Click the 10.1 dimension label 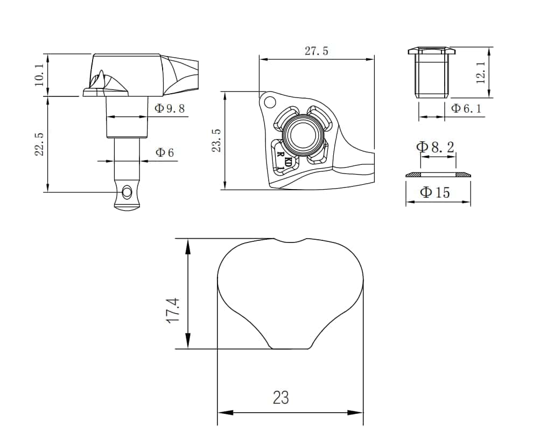click(x=39, y=75)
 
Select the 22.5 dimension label click(x=39, y=144)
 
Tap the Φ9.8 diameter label click(x=170, y=108)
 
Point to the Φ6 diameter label click(x=165, y=152)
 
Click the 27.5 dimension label click(x=317, y=51)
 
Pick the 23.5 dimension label click(x=216, y=140)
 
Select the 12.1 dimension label click(x=480, y=72)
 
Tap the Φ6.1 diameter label click(x=466, y=108)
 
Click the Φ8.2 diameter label click(x=435, y=147)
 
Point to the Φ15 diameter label click(x=434, y=192)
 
